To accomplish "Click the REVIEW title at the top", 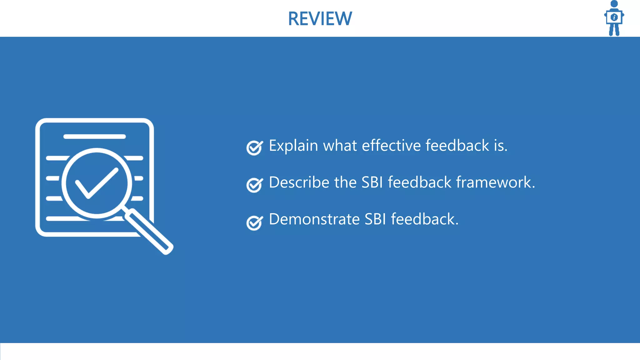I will (320, 19).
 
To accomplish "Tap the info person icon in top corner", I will (614, 18).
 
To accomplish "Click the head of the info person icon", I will (614, 4).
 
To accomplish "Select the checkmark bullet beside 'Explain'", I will (254, 147).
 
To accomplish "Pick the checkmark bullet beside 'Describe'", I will (254, 185).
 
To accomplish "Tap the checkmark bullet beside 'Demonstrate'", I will (254, 222).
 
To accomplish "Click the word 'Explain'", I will (293, 146).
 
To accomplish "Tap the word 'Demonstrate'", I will (314, 219).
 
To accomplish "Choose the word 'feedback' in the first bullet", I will (457, 146).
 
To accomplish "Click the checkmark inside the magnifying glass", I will (96, 183).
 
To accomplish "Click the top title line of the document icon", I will (94, 137).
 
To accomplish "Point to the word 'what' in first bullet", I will (340, 146).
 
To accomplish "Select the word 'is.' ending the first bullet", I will (501, 146).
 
